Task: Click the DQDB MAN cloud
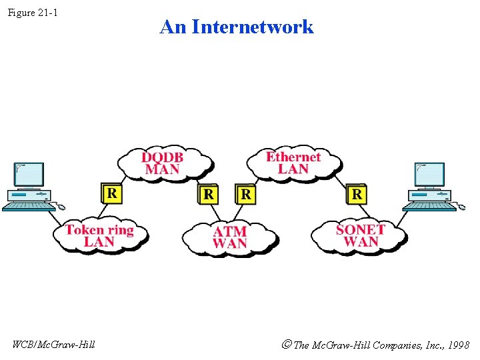coord(163,163)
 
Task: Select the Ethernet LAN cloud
coord(293,163)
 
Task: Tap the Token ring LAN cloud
coord(100,235)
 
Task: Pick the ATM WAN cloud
coord(230,237)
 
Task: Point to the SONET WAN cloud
coord(360,235)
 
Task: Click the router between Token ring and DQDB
coord(111,193)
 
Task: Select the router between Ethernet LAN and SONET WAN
coord(357,193)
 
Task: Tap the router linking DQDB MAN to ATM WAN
coord(209,194)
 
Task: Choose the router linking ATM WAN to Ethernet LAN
coord(246,194)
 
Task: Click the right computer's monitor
coord(429,174)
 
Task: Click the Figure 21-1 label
coord(33,13)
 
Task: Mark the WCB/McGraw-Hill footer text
coord(53,344)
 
